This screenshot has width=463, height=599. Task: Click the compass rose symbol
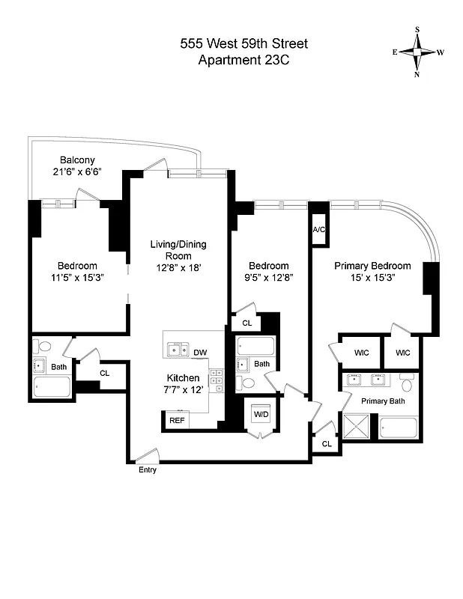[417, 52]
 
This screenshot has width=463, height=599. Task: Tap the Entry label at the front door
[147, 469]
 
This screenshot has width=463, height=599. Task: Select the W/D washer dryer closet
[261, 414]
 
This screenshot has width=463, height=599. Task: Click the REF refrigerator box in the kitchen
[177, 421]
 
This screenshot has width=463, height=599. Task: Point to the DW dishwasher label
[200, 353]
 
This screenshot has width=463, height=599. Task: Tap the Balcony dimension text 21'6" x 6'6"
[76, 171]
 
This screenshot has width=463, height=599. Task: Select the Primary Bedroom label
[372, 266]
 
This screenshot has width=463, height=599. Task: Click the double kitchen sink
[178, 348]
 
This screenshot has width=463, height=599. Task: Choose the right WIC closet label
[402, 352]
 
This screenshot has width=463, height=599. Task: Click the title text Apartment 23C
[243, 60]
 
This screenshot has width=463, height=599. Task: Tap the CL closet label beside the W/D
[326, 444]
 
